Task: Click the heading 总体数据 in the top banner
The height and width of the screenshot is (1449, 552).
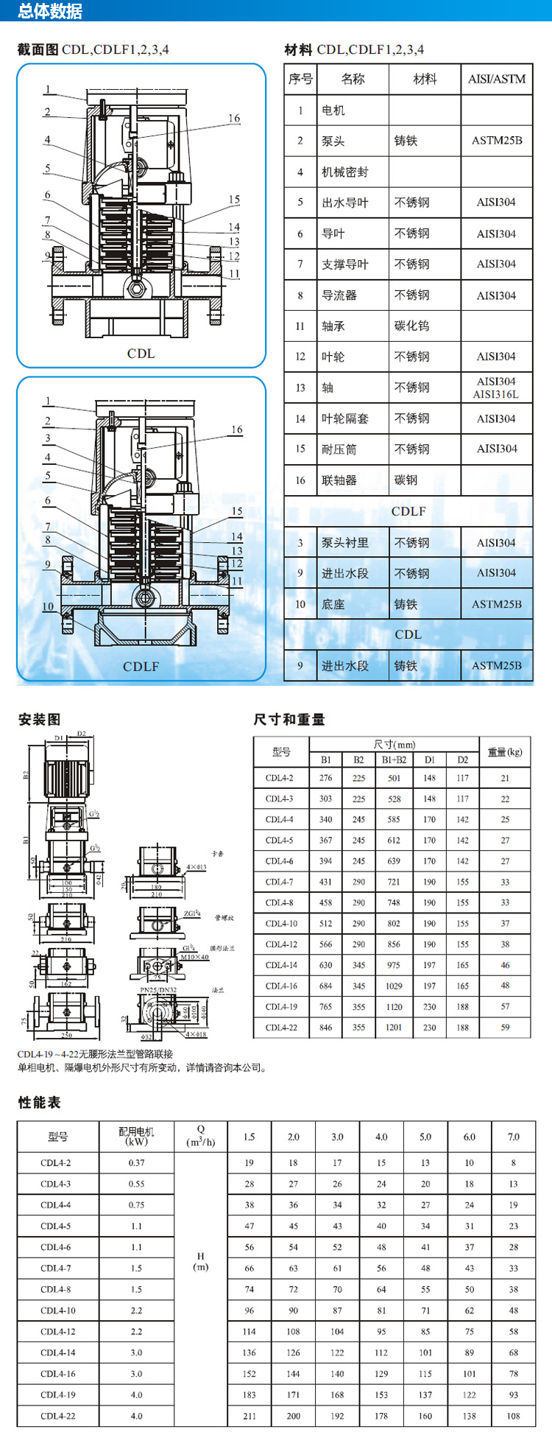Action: point(50,11)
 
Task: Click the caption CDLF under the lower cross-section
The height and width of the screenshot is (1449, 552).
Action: point(141,667)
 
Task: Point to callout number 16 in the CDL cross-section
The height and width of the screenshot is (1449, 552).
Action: point(234,118)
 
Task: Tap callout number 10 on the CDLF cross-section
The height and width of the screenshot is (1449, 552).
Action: point(48,606)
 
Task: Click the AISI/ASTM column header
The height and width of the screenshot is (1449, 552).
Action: point(497,79)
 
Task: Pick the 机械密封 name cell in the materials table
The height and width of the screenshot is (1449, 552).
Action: point(344,172)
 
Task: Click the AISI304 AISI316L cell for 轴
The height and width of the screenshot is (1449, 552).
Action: point(496,387)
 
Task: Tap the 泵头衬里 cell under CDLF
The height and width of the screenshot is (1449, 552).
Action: point(344,543)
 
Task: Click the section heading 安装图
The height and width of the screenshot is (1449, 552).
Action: point(39,720)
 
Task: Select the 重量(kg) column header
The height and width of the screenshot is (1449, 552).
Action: point(505,752)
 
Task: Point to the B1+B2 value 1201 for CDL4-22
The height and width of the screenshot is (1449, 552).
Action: point(394,1028)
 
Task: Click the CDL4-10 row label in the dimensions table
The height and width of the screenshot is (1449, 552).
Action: point(281,924)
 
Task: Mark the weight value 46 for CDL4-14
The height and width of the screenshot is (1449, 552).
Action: point(505,965)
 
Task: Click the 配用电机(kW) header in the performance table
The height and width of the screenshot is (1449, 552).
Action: point(136,1136)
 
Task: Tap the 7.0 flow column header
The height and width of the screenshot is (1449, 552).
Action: point(513,1137)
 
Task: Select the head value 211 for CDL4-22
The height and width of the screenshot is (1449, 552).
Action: point(249,1416)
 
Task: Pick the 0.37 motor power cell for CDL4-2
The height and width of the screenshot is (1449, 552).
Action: point(136,1163)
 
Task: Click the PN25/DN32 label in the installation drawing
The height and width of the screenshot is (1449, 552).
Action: point(158,990)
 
